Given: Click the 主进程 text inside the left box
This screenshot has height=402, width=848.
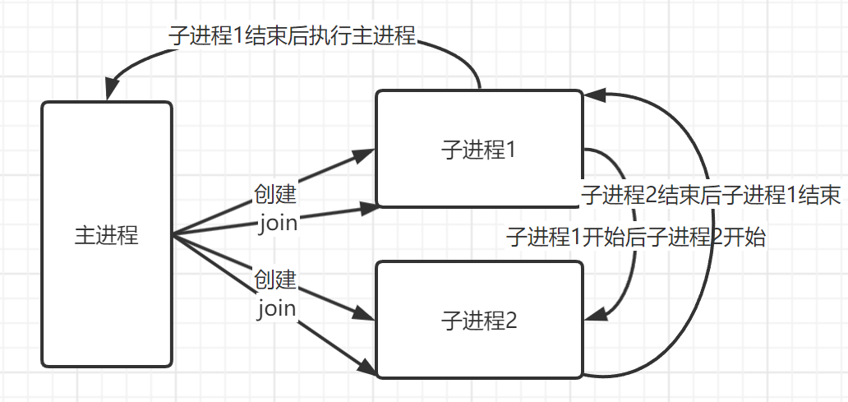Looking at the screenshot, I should pyautogui.click(x=107, y=235).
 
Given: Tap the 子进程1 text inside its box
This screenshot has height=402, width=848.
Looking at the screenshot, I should pyautogui.click(x=478, y=150).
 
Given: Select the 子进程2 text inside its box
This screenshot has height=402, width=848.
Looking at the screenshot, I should pyautogui.click(x=479, y=320).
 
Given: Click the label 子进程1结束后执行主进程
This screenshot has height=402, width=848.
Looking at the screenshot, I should pyautogui.click(x=292, y=36).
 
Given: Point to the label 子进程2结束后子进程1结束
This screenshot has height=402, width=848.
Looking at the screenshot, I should pyautogui.click(x=711, y=196).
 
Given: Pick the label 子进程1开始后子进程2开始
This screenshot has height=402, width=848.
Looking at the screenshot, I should pyautogui.click(x=637, y=238).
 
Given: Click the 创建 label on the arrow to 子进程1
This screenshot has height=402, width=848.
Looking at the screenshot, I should pyautogui.click(x=275, y=197).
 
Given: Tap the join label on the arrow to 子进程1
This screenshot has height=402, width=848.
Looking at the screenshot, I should pyautogui.click(x=277, y=223).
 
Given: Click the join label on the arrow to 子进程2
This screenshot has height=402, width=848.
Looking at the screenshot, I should pyautogui.click(x=277, y=308).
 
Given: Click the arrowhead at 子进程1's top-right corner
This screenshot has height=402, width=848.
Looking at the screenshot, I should pyautogui.click(x=593, y=95).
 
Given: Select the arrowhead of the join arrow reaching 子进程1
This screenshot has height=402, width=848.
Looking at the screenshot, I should pyautogui.click(x=371, y=206).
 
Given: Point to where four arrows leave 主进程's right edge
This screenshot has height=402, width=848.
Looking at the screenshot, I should pyautogui.click(x=173, y=235).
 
